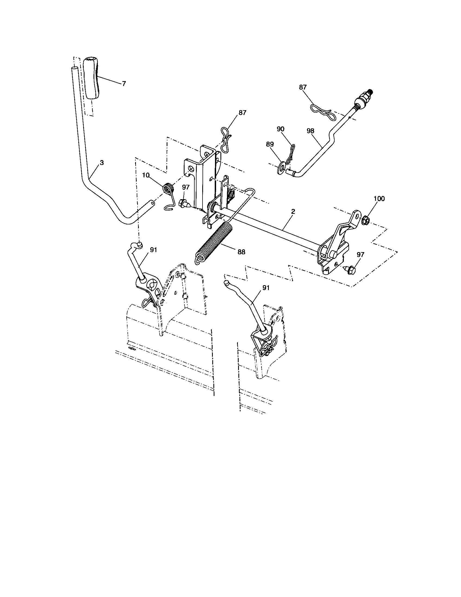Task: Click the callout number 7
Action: (124, 84)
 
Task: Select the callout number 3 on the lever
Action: (102, 163)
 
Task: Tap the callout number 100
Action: (379, 199)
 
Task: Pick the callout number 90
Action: (280, 129)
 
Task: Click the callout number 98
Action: (310, 131)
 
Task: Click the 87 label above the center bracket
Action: (242, 112)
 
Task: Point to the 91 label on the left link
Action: (154, 250)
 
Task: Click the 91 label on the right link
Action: (266, 288)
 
